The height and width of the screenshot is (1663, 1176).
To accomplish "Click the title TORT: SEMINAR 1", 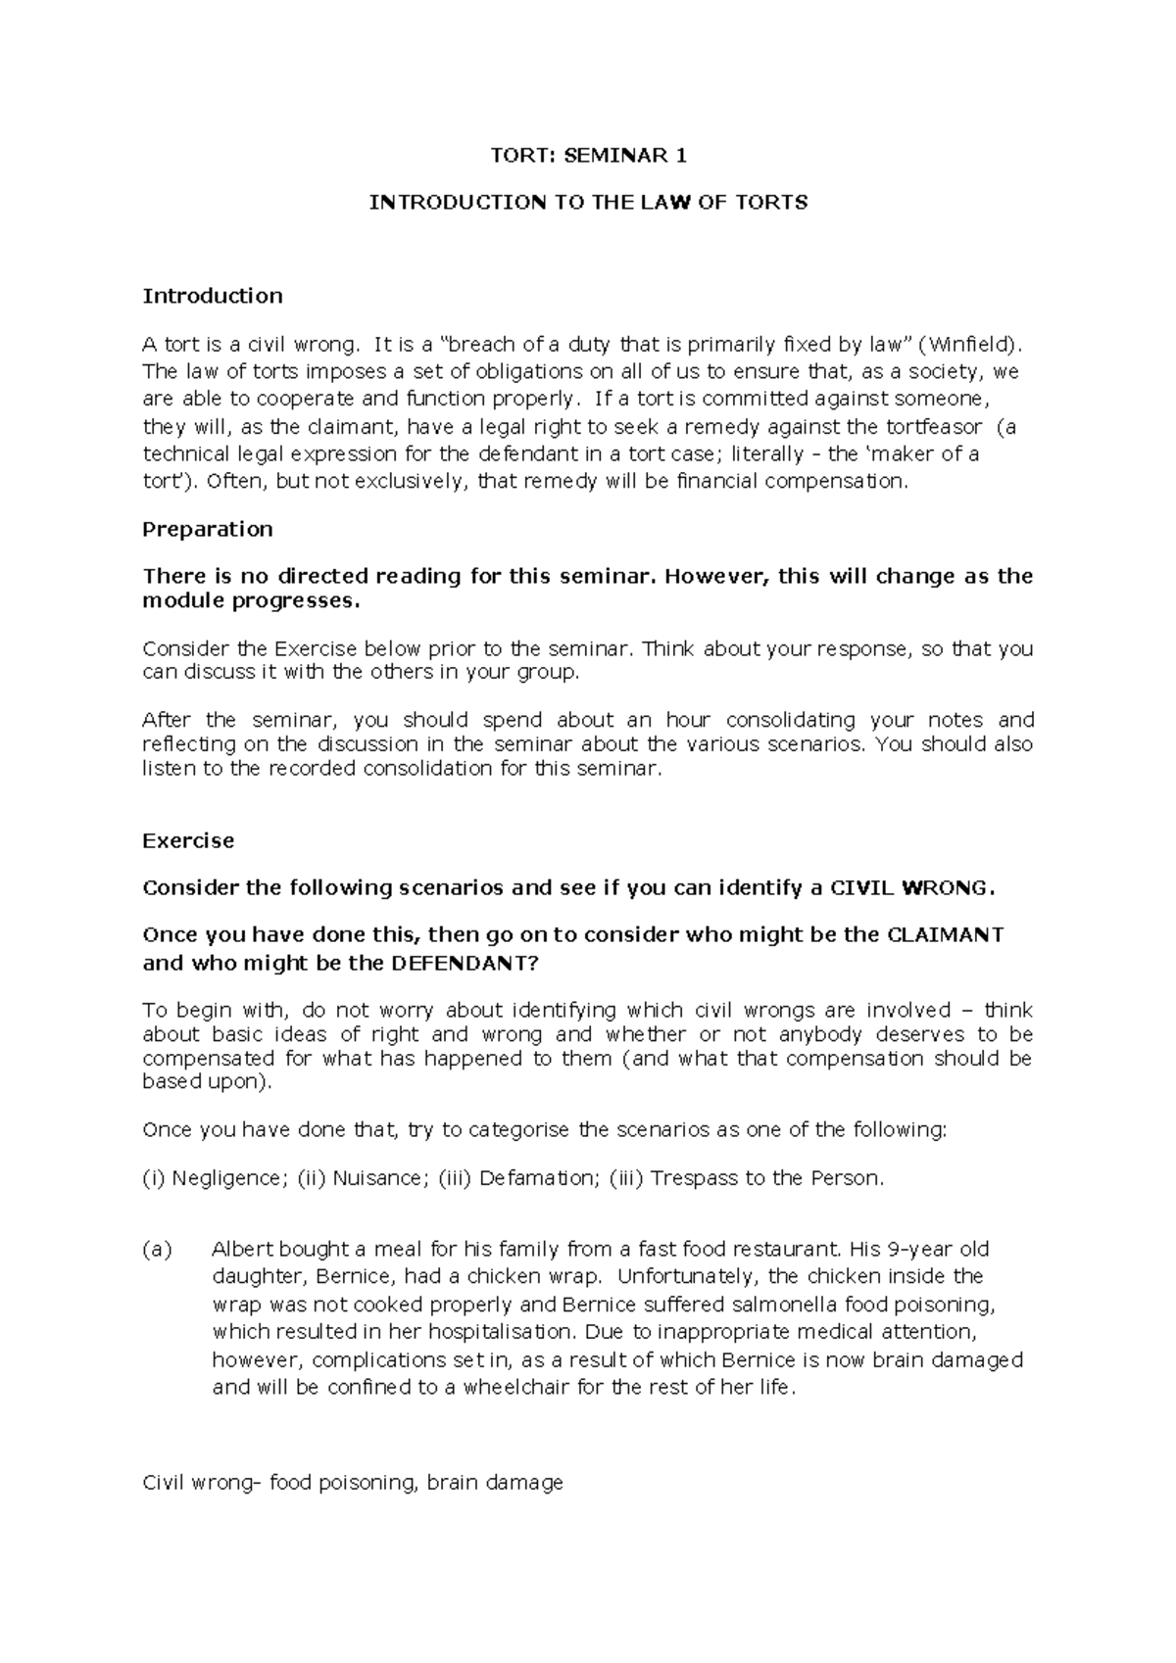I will click(588, 155).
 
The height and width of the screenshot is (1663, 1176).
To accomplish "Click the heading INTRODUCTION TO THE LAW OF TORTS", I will click(588, 203).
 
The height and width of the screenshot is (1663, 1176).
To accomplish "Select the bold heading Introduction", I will click(213, 296).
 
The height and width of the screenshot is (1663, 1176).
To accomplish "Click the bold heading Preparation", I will click(208, 530).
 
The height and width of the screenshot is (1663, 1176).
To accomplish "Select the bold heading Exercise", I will click(188, 841).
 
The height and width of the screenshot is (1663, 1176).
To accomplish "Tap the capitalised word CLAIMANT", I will click(944, 935).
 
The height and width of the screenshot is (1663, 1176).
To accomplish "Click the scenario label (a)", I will click(157, 1250).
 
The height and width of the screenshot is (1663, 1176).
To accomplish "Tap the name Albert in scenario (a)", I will click(244, 1250).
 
